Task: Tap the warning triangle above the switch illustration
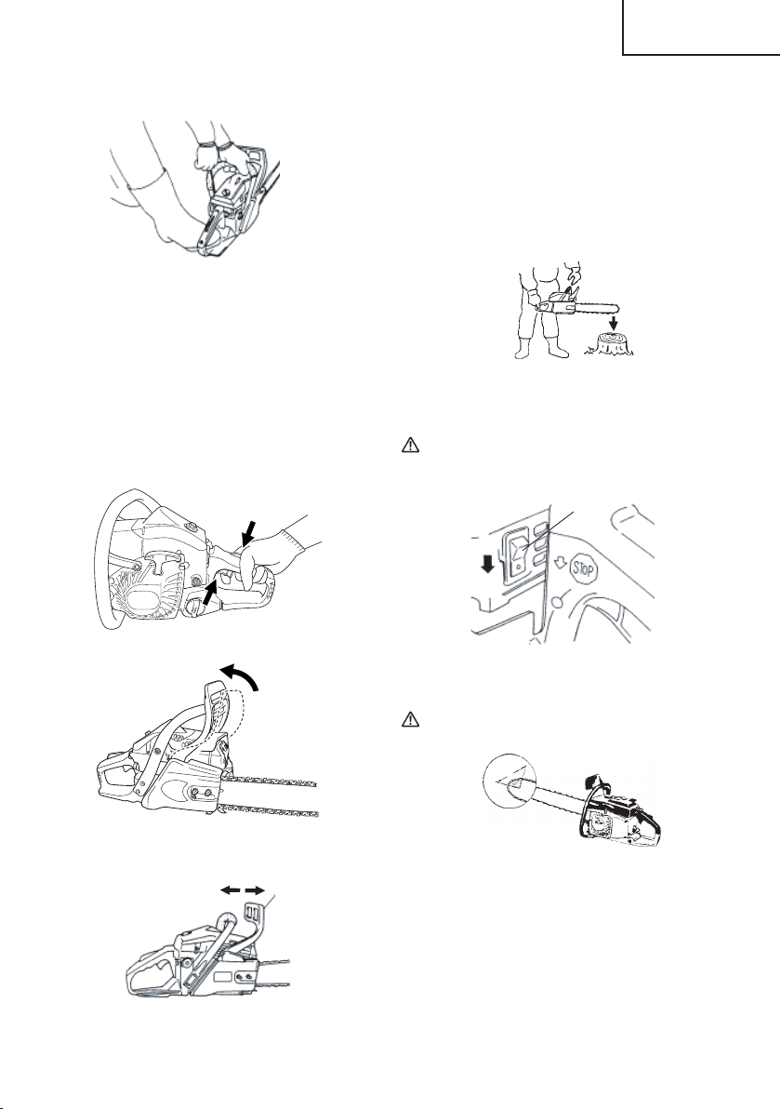click(411, 446)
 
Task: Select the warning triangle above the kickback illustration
click(411, 719)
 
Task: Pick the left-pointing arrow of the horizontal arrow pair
click(230, 891)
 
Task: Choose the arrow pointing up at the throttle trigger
click(209, 591)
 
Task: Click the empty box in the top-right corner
click(701, 27)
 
